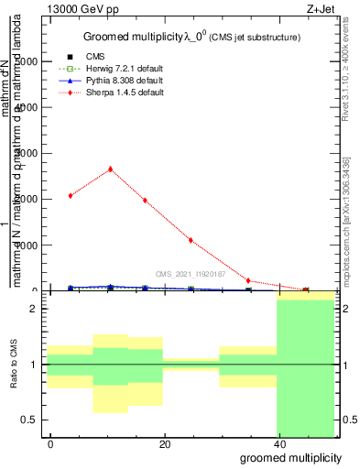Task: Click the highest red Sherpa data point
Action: pos(111,169)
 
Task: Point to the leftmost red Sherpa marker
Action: pos(71,195)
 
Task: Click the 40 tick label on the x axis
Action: pos(280,444)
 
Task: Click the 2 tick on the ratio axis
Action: pos(38,310)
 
